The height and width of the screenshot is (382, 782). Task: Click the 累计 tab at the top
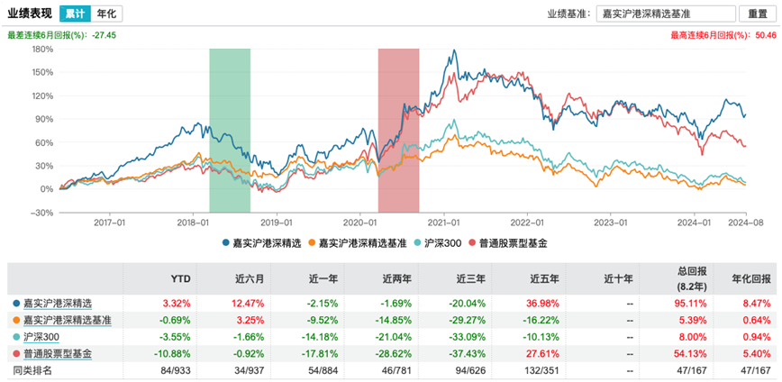point(76,14)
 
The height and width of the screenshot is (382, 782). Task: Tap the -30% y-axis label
point(42,213)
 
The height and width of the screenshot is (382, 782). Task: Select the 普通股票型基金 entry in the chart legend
point(513,243)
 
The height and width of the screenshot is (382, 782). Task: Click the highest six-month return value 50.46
point(765,35)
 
